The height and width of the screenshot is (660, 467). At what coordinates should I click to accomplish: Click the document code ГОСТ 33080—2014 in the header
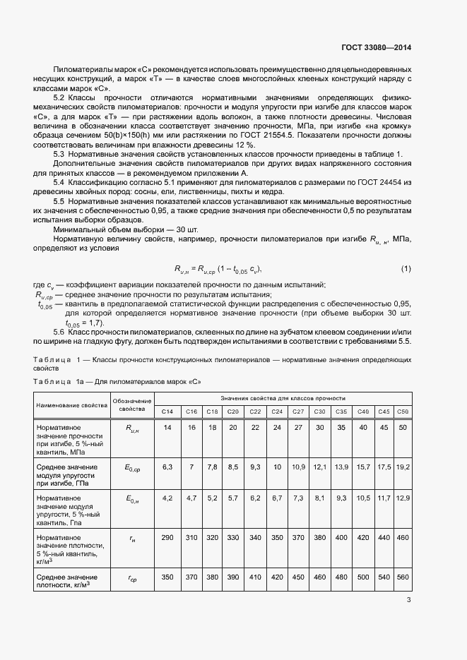[376, 48]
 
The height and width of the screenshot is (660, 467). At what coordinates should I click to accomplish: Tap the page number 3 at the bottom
[408, 600]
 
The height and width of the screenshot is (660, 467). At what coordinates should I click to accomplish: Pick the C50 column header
[402, 412]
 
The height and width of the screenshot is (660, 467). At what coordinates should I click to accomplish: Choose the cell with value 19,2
[402, 467]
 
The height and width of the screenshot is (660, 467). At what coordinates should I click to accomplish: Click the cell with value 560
[402, 577]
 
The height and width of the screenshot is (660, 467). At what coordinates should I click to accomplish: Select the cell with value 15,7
[363, 467]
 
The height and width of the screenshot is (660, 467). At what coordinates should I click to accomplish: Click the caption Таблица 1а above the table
[57, 382]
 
